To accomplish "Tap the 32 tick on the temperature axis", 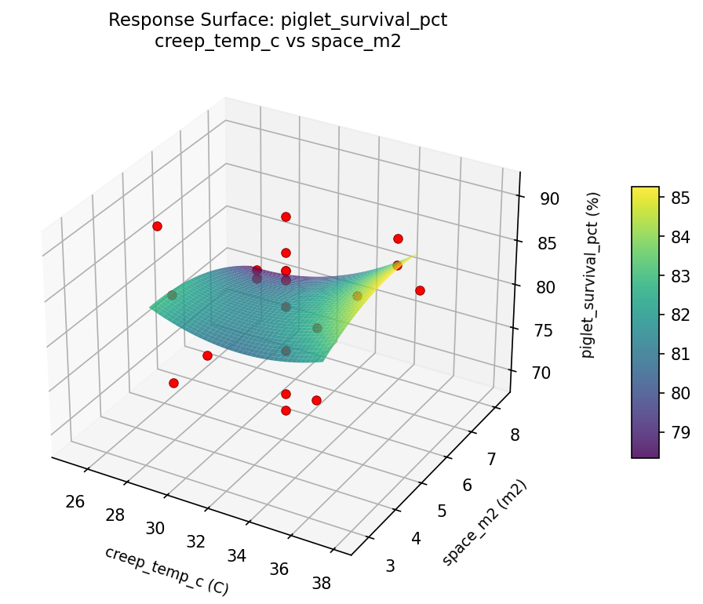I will pyautogui.click(x=195, y=542).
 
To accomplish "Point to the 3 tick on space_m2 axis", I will pyautogui.click(x=389, y=566).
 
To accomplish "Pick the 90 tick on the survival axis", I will pyautogui.click(x=549, y=199).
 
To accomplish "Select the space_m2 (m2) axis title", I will pyautogui.click(x=484, y=522).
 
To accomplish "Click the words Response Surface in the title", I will pyautogui.click(x=173, y=20).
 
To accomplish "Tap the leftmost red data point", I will pyautogui.click(x=157, y=226).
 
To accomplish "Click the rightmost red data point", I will pyautogui.click(x=420, y=290).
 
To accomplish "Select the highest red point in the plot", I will pyautogui.click(x=286, y=216).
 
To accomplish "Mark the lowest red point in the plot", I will pyautogui.click(x=286, y=410).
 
